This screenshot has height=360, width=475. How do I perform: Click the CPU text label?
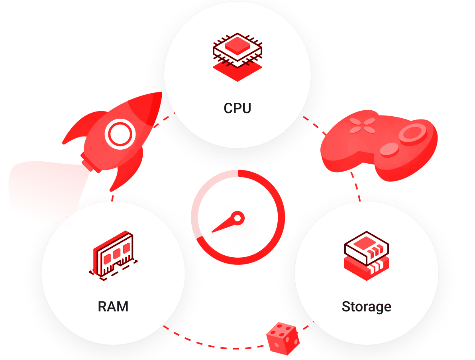(x=237, y=108)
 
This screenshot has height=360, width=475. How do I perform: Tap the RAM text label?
(x=113, y=307)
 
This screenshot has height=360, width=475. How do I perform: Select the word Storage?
(x=366, y=307)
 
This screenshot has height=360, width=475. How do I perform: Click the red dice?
(x=283, y=338)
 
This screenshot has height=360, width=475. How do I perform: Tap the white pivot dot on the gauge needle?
(x=238, y=218)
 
